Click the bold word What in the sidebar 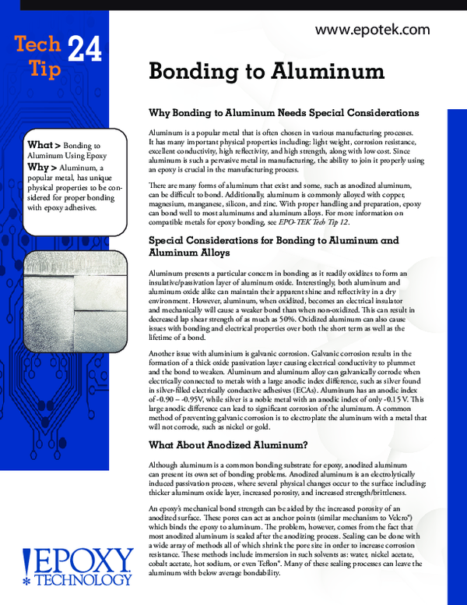pyautogui.click(x=40, y=145)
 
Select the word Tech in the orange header pyautogui.click(x=35, y=46)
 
